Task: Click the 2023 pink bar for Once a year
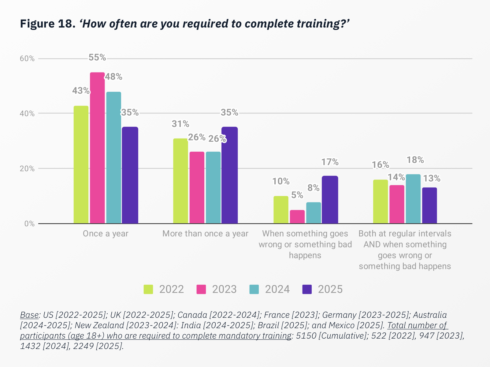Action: [x=97, y=148]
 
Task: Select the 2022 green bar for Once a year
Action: [x=81, y=165]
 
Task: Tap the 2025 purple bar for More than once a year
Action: [x=229, y=175]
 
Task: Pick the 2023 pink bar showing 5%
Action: [x=297, y=217]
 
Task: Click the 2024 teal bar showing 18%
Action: [x=413, y=199]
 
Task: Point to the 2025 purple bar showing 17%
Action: [x=330, y=200]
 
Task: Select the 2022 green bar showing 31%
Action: [x=180, y=181]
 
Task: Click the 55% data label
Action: [x=97, y=57]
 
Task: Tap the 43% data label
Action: [x=81, y=91]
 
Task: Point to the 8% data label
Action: [x=313, y=188]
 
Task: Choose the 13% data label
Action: [x=432, y=178]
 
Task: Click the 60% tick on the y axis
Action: [x=27, y=58]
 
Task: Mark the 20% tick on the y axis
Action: [x=27, y=169]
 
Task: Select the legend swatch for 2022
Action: [x=148, y=289]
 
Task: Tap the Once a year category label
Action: [x=106, y=234]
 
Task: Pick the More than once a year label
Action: [x=205, y=234]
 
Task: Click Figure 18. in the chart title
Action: [x=48, y=24]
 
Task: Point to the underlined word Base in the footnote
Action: [x=29, y=315]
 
